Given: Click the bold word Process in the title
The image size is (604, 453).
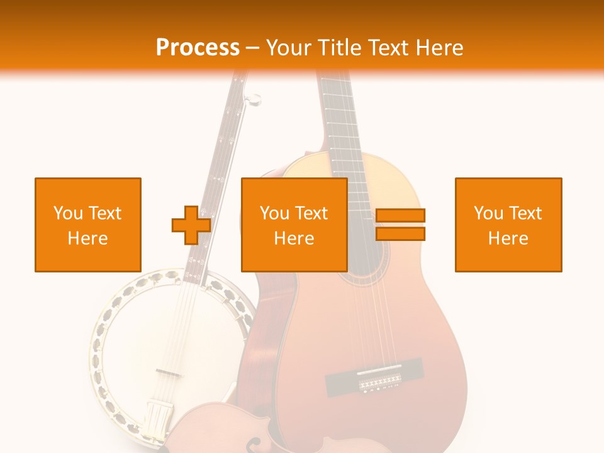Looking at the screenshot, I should tap(198, 47).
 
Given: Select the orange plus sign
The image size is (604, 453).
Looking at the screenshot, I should tap(191, 225).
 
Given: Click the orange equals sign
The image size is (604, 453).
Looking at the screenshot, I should tap(400, 225).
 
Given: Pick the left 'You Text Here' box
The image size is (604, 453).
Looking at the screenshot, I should tap(87, 225).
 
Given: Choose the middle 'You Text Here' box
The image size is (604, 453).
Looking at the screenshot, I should tap(294, 225).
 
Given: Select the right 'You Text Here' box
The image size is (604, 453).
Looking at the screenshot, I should tap(508, 225).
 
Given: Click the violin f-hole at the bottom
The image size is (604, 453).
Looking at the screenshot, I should tap(253, 444).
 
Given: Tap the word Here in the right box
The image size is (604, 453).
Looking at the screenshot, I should tap(508, 238).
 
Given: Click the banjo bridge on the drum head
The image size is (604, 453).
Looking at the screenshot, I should tap(168, 372).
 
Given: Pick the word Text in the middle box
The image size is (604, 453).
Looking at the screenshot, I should tap(311, 213).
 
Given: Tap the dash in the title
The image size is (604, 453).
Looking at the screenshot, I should tap(253, 48).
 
